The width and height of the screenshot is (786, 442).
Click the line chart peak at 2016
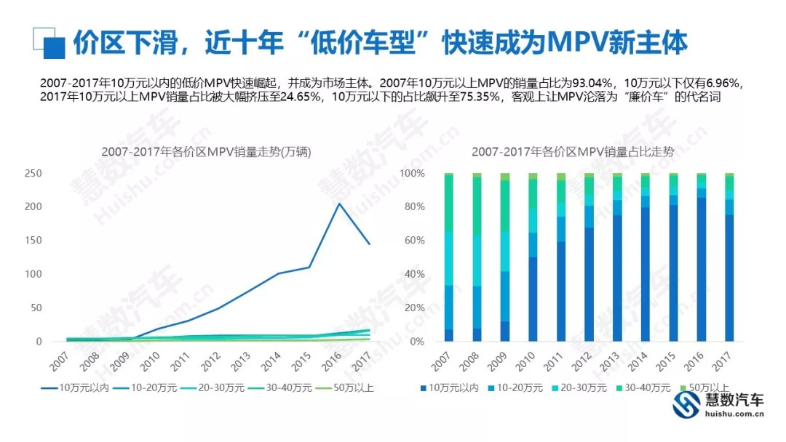click(x=338, y=204)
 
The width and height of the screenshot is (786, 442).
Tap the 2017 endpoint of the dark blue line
click(x=370, y=244)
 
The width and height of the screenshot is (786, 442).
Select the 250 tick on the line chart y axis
click(x=33, y=174)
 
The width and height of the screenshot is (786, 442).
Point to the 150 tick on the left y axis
click(x=33, y=241)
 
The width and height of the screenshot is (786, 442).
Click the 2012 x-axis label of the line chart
click(x=207, y=359)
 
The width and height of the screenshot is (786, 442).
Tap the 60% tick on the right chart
click(x=413, y=241)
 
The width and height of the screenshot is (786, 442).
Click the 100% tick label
click(x=411, y=174)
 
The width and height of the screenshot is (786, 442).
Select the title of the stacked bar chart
click(x=572, y=152)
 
